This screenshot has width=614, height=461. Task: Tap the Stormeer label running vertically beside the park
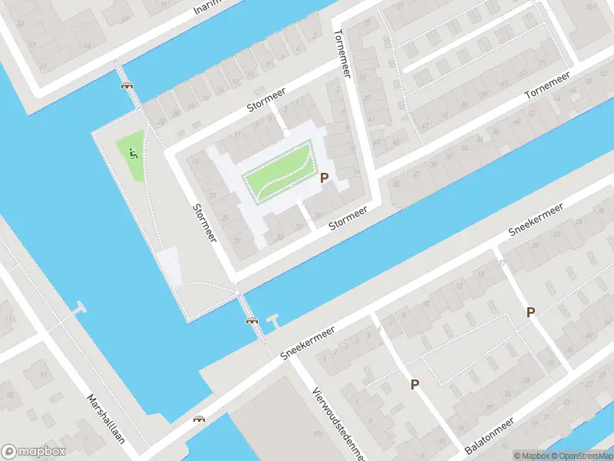coord(204,222)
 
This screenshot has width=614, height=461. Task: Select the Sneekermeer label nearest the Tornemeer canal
coord(536,220)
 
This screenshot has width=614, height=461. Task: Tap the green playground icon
coord(134,154)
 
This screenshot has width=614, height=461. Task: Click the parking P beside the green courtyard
coord(324,177)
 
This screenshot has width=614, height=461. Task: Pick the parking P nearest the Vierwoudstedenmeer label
coord(414,384)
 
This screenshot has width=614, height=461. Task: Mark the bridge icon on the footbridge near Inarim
coord(126,85)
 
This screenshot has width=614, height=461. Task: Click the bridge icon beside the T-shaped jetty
coord(250,320)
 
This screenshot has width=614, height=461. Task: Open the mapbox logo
coord(34,451)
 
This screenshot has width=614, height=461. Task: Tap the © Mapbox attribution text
coord(530,456)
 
